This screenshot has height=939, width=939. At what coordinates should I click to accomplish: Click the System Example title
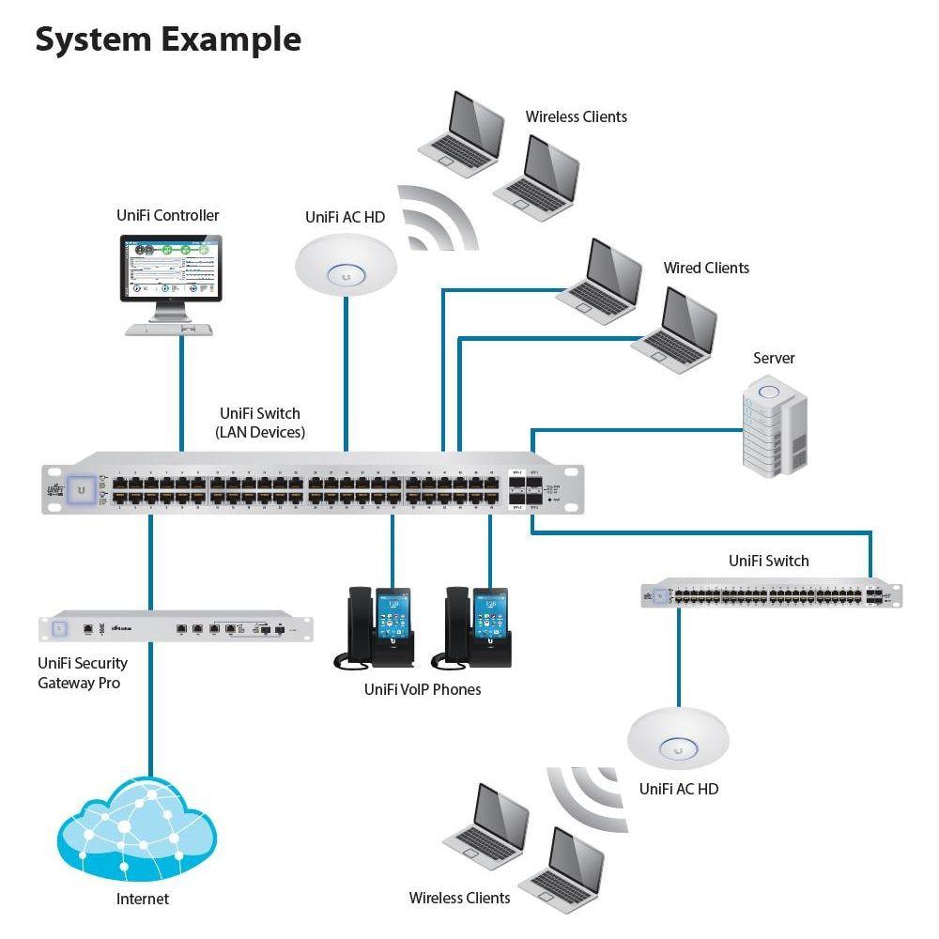tap(168, 39)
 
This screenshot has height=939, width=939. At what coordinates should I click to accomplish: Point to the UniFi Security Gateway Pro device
tap(176, 626)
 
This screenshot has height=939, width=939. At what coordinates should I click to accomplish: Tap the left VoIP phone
tap(374, 627)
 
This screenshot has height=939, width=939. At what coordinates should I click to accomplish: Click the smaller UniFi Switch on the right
tap(771, 594)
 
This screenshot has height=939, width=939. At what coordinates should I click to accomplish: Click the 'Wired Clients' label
tap(706, 269)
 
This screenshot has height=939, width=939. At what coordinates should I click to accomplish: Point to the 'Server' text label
tap(774, 359)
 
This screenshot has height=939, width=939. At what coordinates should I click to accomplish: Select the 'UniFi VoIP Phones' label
tap(423, 689)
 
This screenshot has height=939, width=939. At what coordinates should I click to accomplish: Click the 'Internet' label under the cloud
tap(143, 899)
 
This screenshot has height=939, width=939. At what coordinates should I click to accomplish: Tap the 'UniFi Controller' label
tap(168, 215)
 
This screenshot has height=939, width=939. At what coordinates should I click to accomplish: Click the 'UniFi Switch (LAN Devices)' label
tap(260, 423)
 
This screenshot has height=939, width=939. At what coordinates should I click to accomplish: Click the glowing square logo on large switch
tap(83, 489)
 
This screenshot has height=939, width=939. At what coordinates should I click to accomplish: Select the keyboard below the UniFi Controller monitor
tap(169, 330)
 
